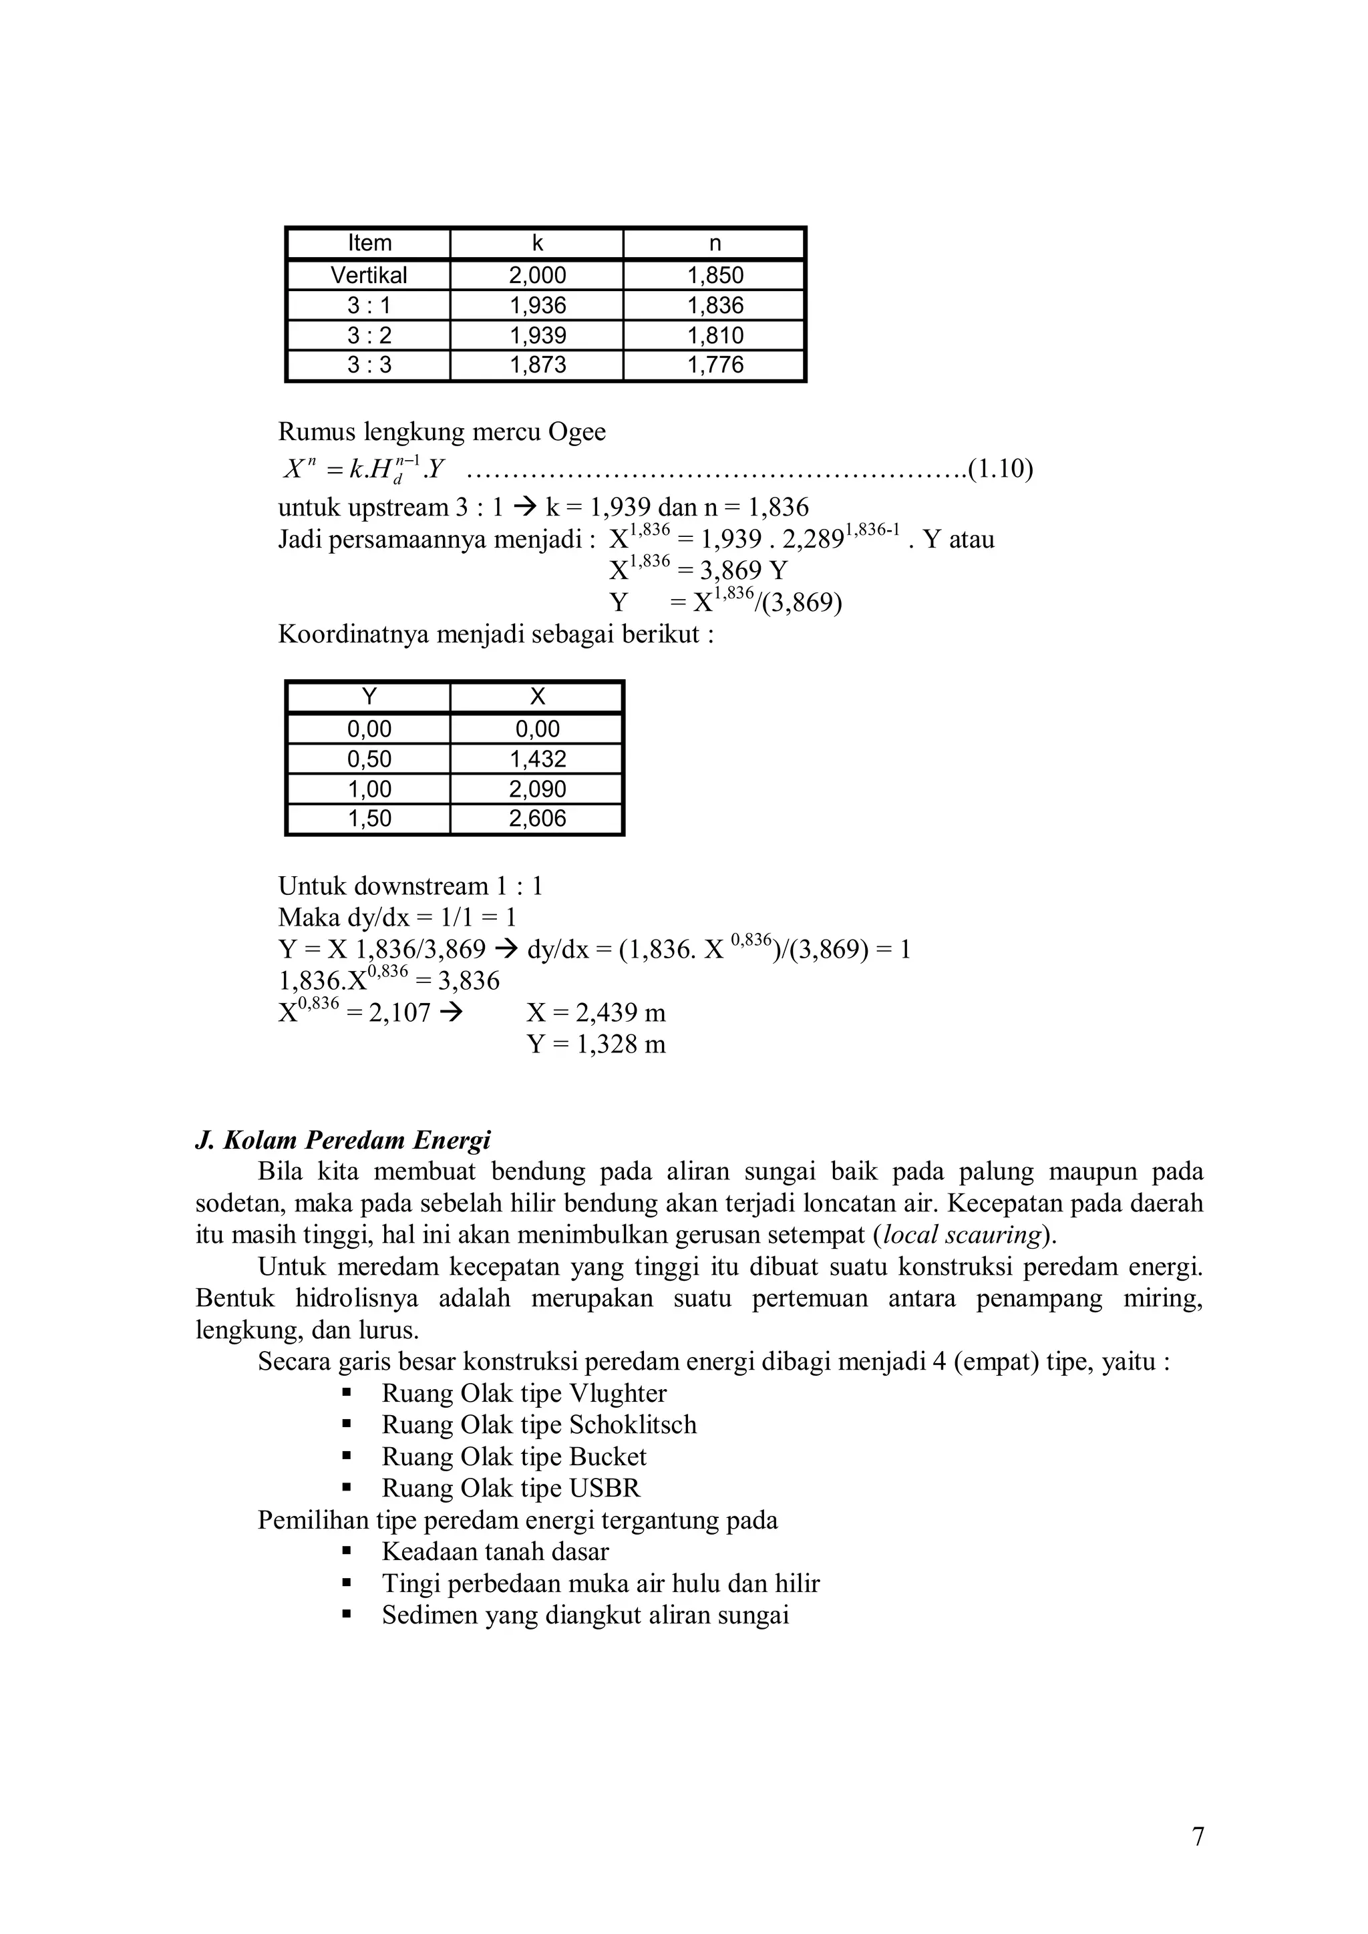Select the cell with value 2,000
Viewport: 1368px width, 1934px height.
pos(538,275)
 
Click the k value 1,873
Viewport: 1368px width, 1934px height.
pos(538,365)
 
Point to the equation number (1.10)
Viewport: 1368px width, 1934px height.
pos(1000,468)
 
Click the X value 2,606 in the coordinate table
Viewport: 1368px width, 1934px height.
pos(538,818)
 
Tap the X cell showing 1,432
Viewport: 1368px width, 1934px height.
pos(538,759)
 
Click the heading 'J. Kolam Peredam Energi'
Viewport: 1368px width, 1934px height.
pos(343,1140)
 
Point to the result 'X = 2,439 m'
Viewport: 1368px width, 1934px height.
pos(596,1012)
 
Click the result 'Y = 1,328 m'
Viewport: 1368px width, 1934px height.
pos(596,1044)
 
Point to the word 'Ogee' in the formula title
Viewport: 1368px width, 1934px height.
pos(577,432)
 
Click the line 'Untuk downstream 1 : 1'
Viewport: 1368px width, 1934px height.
pos(410,886)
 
